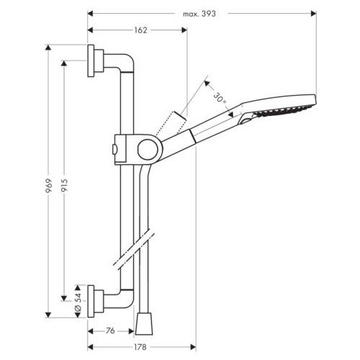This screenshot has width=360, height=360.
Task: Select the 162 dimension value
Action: (140, 30)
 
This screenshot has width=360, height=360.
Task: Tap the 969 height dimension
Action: (48, 189)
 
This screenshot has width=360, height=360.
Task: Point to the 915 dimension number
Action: (64, 185)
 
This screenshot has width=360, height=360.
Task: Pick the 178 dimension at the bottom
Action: (140, 347)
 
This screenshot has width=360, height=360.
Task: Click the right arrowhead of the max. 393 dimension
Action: (313, 13)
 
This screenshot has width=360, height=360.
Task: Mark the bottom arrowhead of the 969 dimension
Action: (48, 314)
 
